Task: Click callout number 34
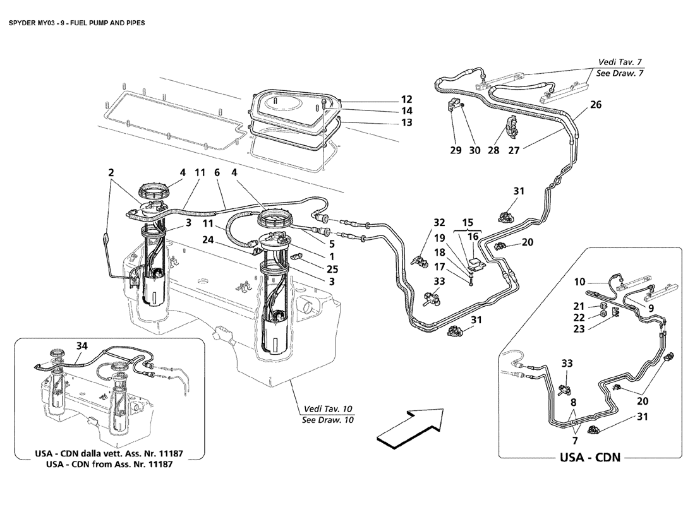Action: [x=82, y=346]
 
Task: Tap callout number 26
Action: [x=596, y=105]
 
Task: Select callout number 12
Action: [x=406, y=99]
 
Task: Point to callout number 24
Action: [x=208, y=240]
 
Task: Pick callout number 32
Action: [x=439, y=222]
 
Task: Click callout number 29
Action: [x=456, y=150]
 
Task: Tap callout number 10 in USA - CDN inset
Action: [x=580, y=282]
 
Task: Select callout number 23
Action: [x=579, y=329]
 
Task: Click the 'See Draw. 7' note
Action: [x=620, y=73]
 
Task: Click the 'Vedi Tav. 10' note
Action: [x=328, y=409]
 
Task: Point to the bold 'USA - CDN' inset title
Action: [x=590, y=457]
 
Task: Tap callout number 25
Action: [x=332, y=269]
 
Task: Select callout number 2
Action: [x=111, y=172]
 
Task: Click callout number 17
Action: [x=439, y=267]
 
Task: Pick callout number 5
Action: [x=332, y=244]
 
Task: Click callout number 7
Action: [x=575, y=441]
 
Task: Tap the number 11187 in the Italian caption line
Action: [x=169, y=454]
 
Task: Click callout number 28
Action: [x=494, y=150]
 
